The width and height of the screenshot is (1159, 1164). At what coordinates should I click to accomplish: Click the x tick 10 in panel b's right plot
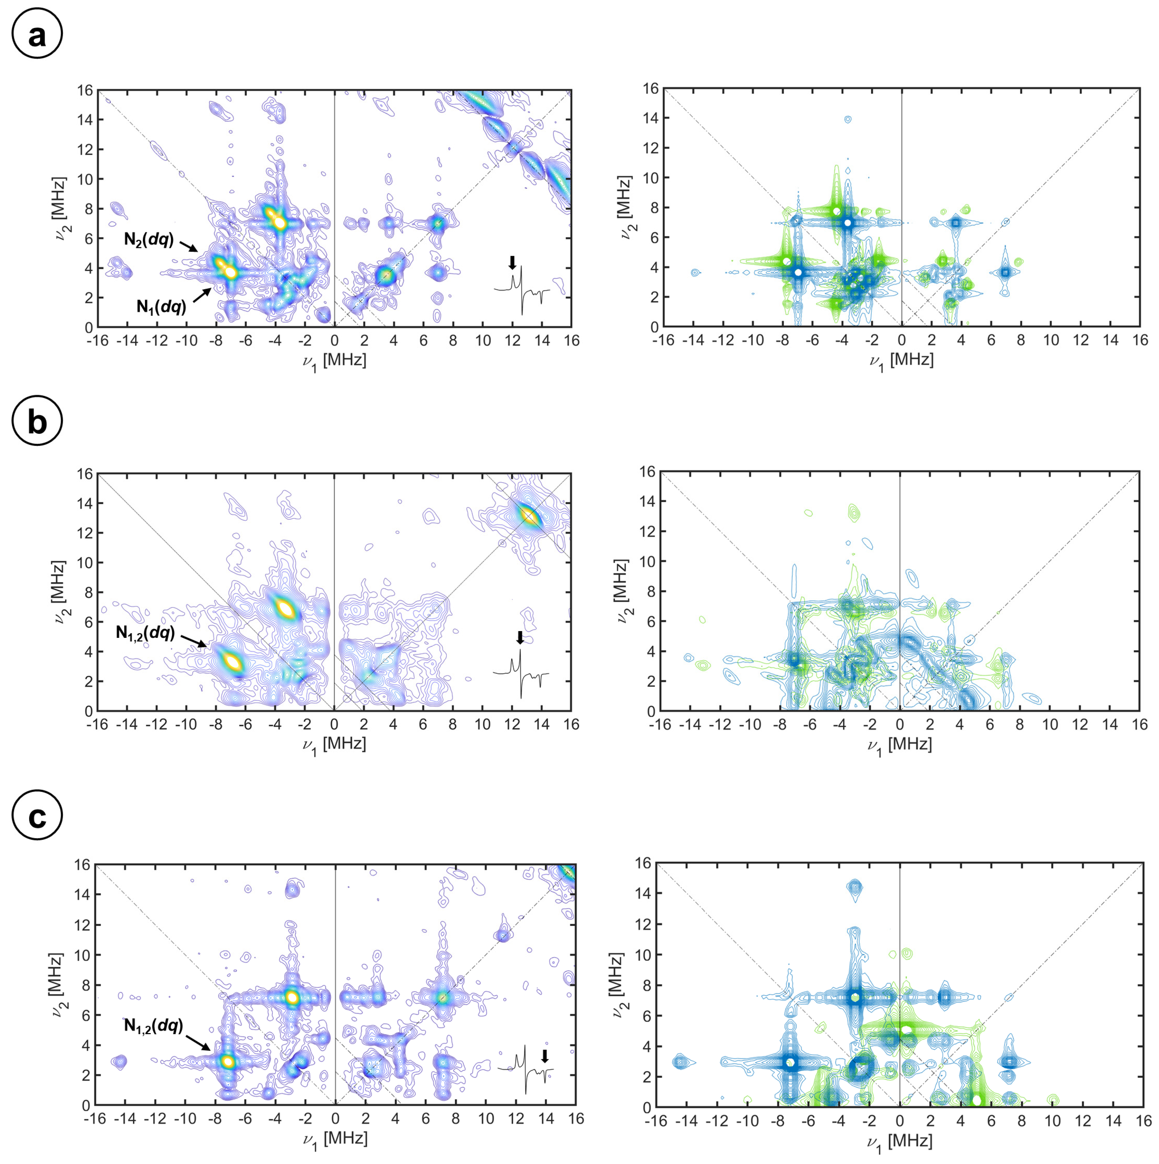click(x=1050, y=725)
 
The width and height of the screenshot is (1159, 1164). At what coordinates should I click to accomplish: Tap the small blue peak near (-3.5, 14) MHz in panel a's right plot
click(x=848, y=119)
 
